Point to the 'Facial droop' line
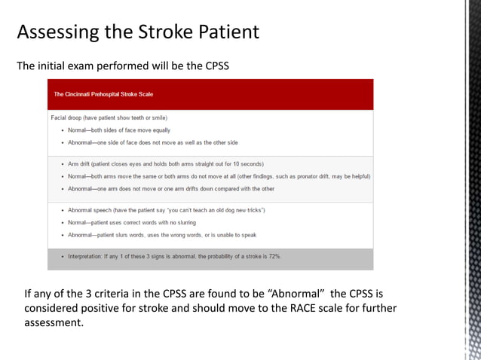(109, 117)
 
